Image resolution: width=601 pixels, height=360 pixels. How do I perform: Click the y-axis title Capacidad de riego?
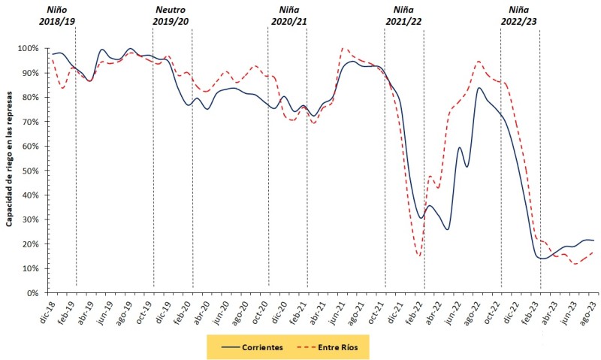coord(11,158)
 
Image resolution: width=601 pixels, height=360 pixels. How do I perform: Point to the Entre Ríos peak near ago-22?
coord(478,61)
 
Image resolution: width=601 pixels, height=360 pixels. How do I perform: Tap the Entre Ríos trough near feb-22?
coord(418,256)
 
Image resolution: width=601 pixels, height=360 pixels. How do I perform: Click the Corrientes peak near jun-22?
coord(460,147)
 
